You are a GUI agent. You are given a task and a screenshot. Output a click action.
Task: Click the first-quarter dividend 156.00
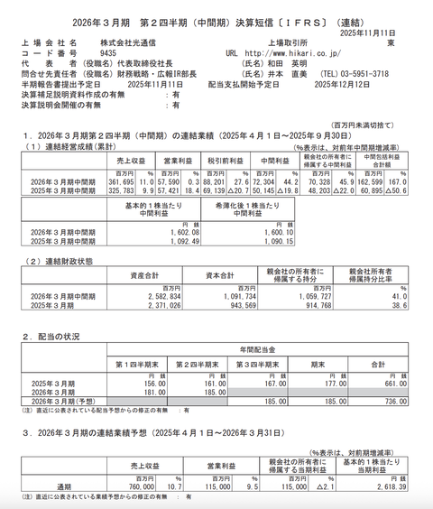[133, 382]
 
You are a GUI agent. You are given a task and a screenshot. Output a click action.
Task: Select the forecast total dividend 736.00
[392, 400]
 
